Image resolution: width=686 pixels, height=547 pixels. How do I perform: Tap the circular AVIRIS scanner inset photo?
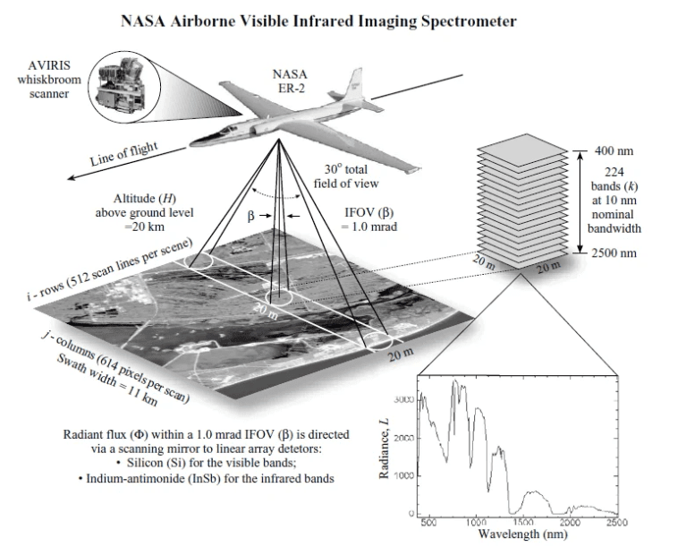(x=126, y=78)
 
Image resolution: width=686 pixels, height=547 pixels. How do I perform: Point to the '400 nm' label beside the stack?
(x=614, y=150)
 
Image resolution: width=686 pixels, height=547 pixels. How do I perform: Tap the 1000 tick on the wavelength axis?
(x=476, y=522)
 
